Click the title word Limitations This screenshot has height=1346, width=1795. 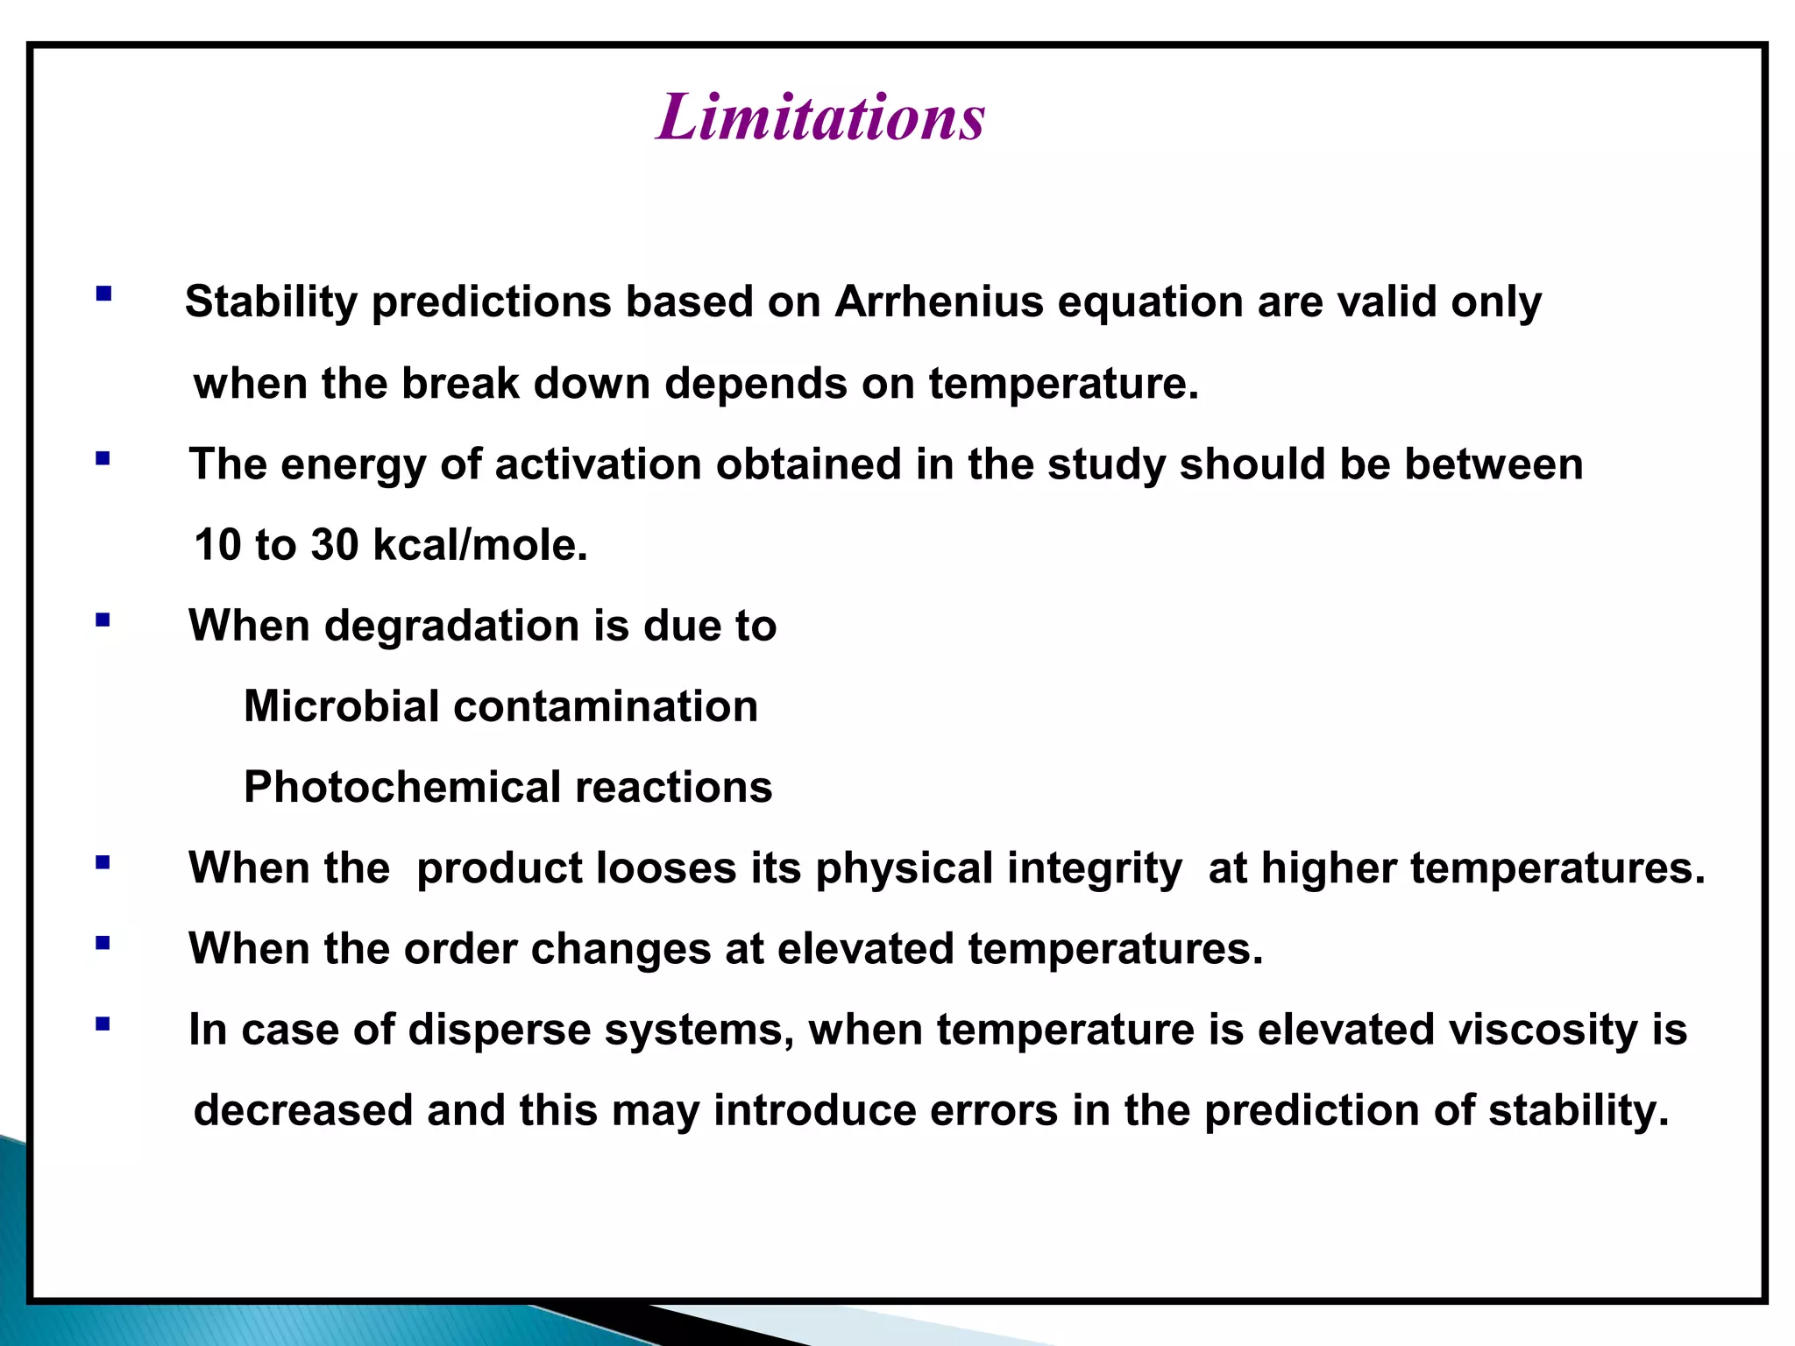[x=820, y=117]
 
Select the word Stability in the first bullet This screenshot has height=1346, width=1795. [x=271, y=302]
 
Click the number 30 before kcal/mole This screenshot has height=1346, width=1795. [x=334, y=545]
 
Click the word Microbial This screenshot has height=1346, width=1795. [x=341, y=706]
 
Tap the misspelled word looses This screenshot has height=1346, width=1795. [x=665, y=868]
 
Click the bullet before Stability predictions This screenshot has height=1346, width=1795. [x=104, y=294]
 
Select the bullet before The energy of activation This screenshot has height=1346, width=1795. [x=103, y=457]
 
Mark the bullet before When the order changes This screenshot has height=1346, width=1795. [x=103, y=943]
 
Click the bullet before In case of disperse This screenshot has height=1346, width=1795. [x=103, y=1024]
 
